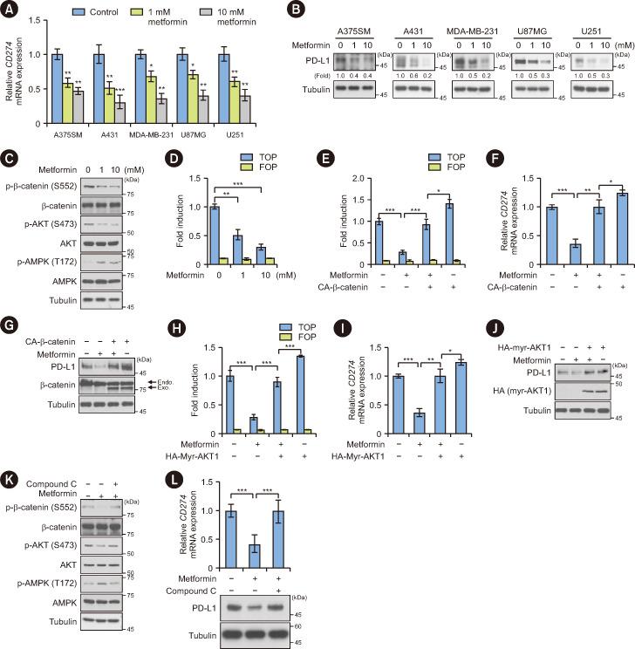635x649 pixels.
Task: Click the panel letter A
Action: click(x=9, y=9)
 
